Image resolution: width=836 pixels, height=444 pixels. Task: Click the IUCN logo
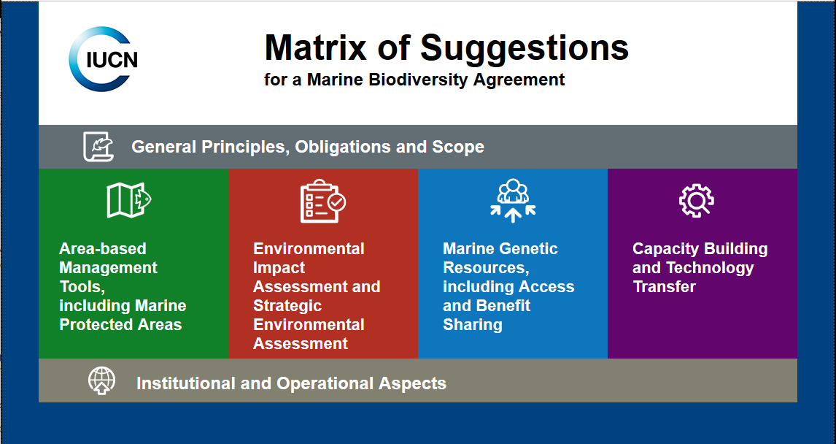coord(104,59)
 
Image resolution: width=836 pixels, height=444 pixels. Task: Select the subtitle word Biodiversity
coord(414,80)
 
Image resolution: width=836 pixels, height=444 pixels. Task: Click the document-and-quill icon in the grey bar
coord(98,147)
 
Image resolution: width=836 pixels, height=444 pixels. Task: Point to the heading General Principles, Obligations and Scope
coord(307,147)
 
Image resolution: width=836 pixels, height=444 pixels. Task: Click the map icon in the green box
coord(128,200)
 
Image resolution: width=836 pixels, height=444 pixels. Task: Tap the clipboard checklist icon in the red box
coord(322,200)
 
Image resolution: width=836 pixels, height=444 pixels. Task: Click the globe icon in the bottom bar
coord(101,381)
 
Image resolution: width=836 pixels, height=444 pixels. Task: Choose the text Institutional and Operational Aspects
coord(291,383)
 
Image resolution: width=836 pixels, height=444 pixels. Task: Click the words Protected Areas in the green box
coord(120,325)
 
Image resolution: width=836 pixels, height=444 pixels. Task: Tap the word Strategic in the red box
coord(287,306)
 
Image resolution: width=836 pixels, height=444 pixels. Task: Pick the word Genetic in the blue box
coord(530,249)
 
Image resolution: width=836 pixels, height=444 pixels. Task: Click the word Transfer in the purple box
coord(664,287)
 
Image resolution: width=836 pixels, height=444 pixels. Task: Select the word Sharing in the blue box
coord(472,325)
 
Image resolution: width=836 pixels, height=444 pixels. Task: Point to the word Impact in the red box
coord(279,268)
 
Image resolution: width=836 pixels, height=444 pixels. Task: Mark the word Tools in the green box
coord(81,287)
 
